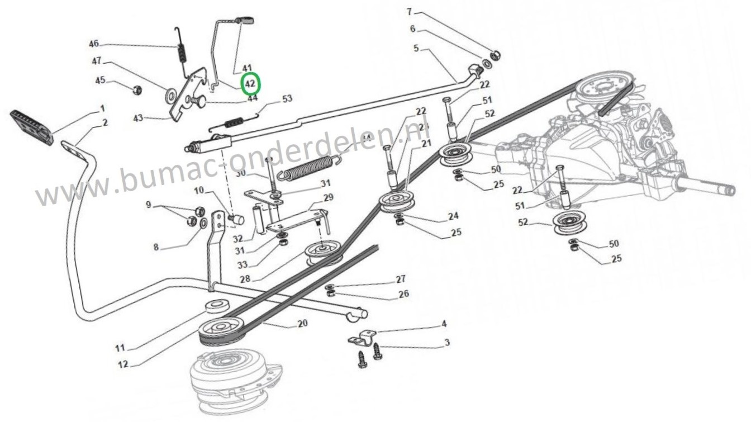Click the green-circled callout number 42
click(x=250, y=83)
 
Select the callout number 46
click(x=94, y=44)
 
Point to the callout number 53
click(x=287, y=99)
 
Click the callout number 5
click(x=416, y=48)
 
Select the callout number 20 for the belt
click(x=302, y=324)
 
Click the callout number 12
click(x=123, y=364)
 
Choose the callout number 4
click(x=444, y=324)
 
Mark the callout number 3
click(x=446, y=342)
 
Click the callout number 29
click(x=328, y=197)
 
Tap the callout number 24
click(x=453, y=216)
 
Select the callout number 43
click(x=138, y=118)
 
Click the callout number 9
click(x=148, y=205)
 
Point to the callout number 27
click(x=400, y=279)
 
